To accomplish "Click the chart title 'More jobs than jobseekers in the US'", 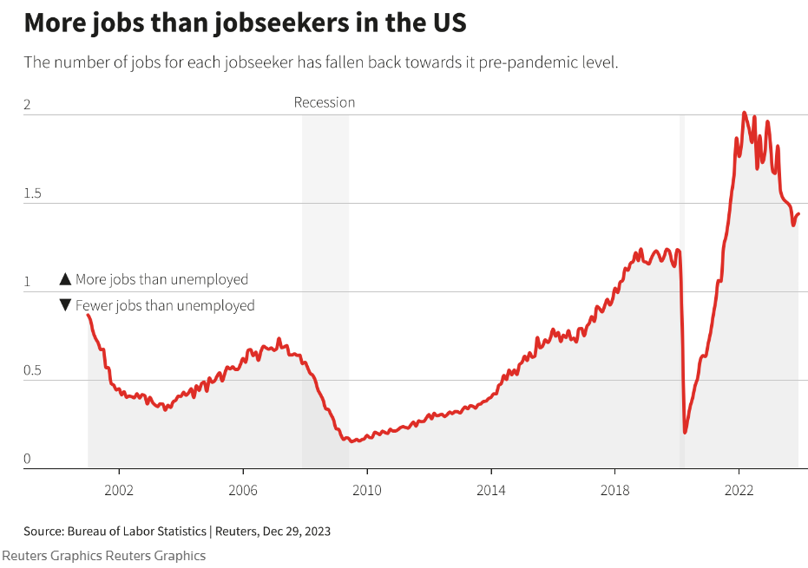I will click(x=245, y=23).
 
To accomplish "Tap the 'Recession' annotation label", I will click(x=325, y=102).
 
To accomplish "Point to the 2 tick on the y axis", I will click(x=27, y=105).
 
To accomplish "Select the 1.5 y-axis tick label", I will click(x=33, y=193).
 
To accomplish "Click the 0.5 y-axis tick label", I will click(x=33, y=370).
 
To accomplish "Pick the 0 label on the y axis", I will click(x=27, y=459).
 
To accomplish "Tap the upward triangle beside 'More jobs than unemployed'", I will click(x=65, y=279).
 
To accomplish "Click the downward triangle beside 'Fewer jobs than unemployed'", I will click(x=65, y=305).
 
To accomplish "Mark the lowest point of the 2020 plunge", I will click(x=685, y=432).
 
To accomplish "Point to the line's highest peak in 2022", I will click(x=744, y=113).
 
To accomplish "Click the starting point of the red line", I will click(x=88, y=315).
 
